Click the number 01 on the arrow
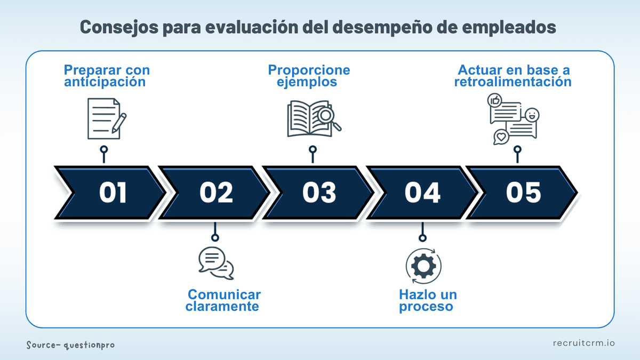pyautogui.click(x=113, y=193)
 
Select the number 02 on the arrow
pyautogui.click(x=216, y=193)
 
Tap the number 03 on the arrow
pyautogui.click(x=319, y=193)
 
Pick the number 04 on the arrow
pyautogui.click(x=422, y=193)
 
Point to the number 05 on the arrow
pyautogui.click(x=523, y=193)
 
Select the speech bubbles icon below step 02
pyautogui.click(x=215, y=263)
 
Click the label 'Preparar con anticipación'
pyautogui.click(x=107, y=76)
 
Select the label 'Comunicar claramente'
pyautogui.click(x=223, y=300)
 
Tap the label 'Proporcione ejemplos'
pyautogui.click(x=309, y=76)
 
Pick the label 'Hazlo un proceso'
pyautogui.click(x=427, y=300)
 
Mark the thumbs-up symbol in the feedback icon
pyautogui.click(x=494, y=100)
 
